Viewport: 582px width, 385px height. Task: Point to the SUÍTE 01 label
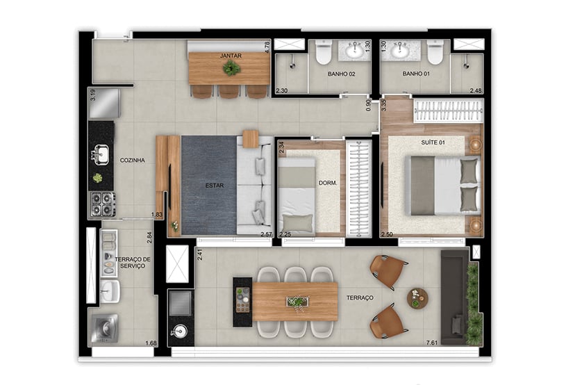tap(432, 142)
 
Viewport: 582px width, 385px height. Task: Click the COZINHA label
tap(132, 160)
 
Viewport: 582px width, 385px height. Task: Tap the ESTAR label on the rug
tap(213, 186)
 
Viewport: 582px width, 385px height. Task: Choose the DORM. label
tap(328, 183)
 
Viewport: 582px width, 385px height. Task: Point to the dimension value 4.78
tap(267, 47)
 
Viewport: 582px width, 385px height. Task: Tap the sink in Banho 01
tap(400, 50)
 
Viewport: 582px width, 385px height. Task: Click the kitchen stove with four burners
tap(101, 204)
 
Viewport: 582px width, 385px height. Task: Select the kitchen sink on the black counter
tap(101, 152)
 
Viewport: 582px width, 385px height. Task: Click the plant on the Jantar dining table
tap(231, 68)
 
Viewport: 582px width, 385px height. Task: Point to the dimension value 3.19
tap(92, 95)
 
